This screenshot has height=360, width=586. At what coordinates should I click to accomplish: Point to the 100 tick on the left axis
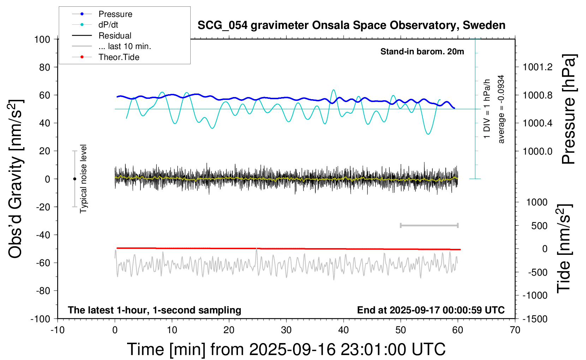coord(42,39)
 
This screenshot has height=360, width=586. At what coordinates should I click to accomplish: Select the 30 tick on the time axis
coord(286,330)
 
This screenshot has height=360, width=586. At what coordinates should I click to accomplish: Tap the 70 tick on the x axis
coord(515,330)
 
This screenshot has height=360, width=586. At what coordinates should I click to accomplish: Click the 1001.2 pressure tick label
coord(538,67)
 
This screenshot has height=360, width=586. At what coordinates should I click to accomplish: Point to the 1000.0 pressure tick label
coord(538,151)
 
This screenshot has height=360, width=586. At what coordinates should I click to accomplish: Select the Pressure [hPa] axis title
coord(568,109)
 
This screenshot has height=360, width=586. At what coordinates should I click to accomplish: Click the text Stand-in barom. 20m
coord(422,52)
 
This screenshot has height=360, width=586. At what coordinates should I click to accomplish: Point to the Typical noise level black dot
coord(74,179)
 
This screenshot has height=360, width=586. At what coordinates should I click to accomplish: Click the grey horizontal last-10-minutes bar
coord(429,226)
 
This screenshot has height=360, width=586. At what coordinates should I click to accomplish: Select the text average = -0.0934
coord(501,109)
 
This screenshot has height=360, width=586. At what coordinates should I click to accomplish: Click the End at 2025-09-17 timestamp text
coord(431,310)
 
